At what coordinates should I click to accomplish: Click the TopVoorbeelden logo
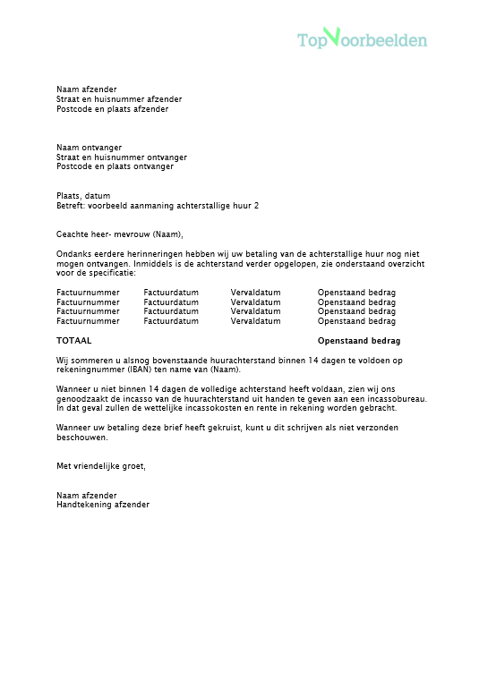tap(362, 39)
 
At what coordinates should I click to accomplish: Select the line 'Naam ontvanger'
tap(89, 148)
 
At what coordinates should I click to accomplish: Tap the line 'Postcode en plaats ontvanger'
tap(115, 166)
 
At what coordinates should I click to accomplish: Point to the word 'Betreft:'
tap(71, 206)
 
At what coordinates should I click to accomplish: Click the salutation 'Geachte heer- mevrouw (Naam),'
tap(119, 234)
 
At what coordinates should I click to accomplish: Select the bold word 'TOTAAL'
tap(73, 341)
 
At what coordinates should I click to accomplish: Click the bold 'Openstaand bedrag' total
tap(359, 341)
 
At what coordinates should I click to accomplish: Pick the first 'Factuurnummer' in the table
tap(88, 293)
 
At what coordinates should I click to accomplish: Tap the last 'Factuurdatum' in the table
tap(171, 320)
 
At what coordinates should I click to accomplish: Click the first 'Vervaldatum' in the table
tap(255, 293)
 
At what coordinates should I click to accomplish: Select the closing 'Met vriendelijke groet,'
tap(100, 466)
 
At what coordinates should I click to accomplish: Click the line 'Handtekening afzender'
tap(103, 505)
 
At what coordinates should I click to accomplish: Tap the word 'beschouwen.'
tap(81, 438)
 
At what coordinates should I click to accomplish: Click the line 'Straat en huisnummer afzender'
tap(119, 99)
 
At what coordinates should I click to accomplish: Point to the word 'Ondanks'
tap(73, 254)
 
